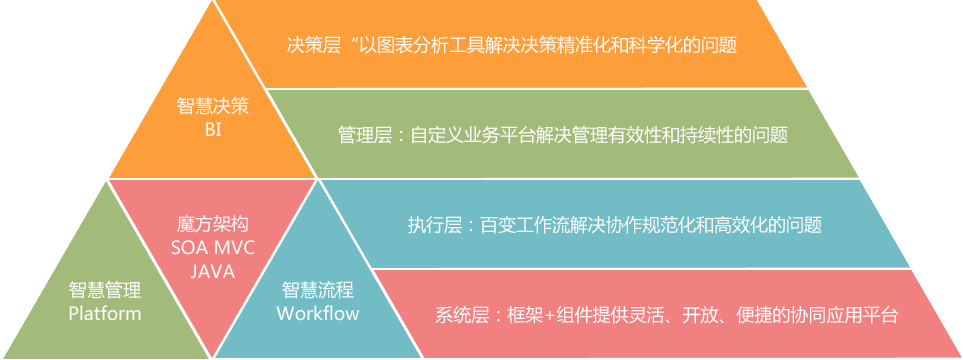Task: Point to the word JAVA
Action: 212,268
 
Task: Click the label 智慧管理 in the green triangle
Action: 105,291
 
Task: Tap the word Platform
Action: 105,313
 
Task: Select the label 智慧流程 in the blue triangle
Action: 318,291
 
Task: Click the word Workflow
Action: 318,313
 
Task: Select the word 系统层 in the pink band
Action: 461,315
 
